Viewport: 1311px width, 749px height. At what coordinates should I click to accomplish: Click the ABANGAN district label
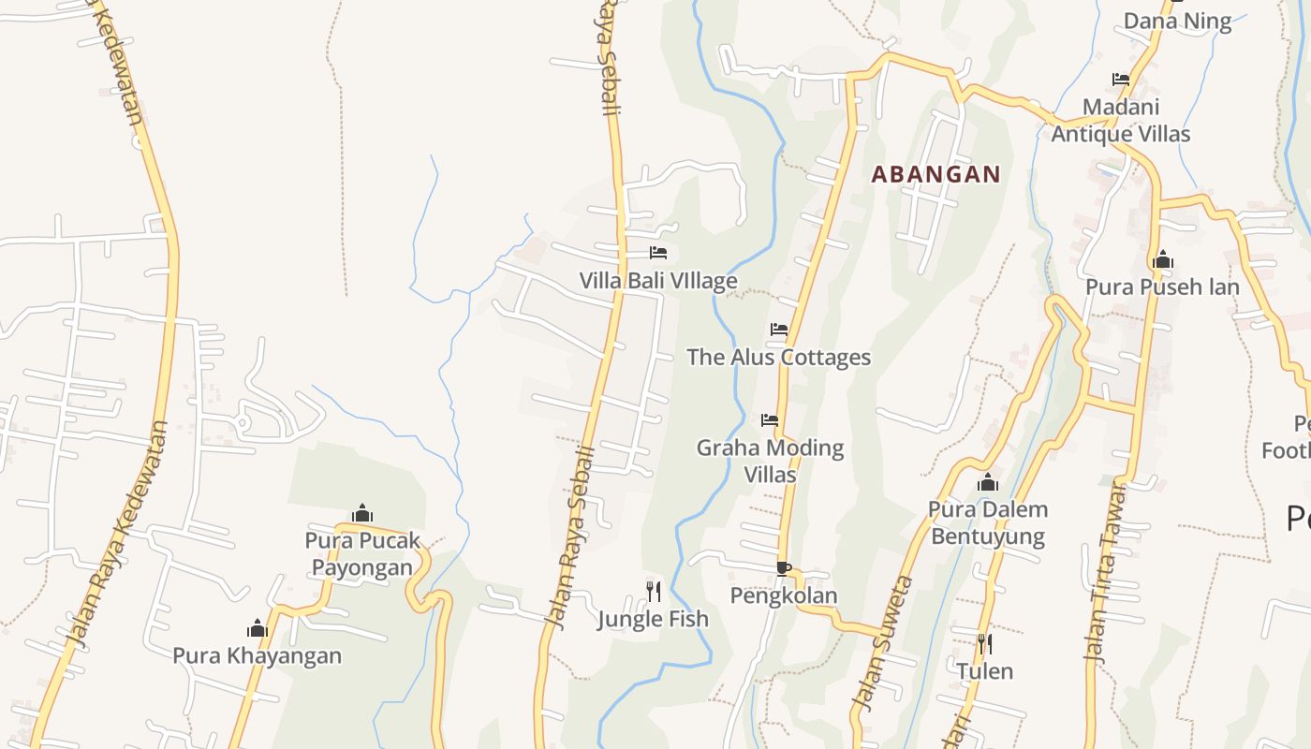click(x=935, y=174)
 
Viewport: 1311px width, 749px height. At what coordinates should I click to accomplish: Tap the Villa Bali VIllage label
click(x=657, y=281)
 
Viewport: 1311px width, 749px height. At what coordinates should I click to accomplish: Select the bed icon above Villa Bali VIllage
click(x=658, y=253)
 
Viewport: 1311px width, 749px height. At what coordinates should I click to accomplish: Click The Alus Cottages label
click(x=778, y=357)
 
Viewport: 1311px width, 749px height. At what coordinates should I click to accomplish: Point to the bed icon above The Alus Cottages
click(x=779, y=330)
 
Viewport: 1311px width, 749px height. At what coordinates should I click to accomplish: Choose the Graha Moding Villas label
click(x=770, y=461)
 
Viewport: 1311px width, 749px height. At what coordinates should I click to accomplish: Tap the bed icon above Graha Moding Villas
click(x=770, y=420)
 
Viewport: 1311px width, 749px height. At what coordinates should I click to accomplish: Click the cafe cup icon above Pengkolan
click(x=784, y=568)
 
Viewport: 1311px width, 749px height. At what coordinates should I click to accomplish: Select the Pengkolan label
click(x=784, y=595)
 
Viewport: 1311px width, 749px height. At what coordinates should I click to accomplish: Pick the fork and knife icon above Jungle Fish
click(x=654, y=591)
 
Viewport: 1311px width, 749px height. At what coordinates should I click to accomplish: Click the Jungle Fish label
click(x=653, y=619)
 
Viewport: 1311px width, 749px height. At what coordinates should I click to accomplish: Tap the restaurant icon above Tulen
click(x=984, y=644)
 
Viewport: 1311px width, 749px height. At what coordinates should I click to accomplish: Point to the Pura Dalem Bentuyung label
click(x=987, y=522)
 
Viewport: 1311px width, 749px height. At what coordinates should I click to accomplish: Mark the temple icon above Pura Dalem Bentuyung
click(x=987, y=483)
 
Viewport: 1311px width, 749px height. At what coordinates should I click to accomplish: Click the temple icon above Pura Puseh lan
click(x=1163, y=259)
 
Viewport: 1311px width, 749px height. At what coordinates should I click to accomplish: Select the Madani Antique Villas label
click(x=1120, y=121)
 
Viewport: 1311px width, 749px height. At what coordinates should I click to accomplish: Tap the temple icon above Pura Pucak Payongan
click(x=362, y=513)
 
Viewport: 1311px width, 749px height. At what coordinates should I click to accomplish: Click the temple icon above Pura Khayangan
click(x=258, y=628)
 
